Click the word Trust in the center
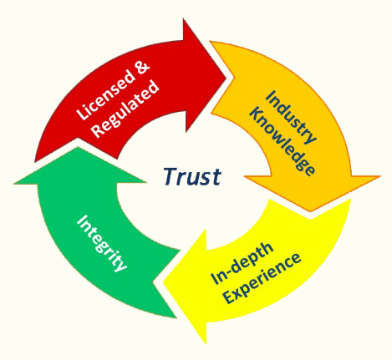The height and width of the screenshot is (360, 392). coord(192,176)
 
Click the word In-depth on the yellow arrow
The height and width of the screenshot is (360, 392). coord(242,262)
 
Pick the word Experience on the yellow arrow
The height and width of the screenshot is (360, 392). coord(262,278)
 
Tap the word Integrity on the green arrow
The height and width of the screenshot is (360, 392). coord(102,243)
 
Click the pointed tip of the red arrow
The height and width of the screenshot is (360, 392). coord(227,76)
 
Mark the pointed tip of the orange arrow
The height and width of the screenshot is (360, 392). coord(310,210)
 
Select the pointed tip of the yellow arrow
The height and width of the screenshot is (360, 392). coord(163,283)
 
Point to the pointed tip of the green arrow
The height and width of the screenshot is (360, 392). coord(78,148)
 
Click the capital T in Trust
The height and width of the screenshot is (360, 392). coord(171,175)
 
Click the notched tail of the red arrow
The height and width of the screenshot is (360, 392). coord(79,139)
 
